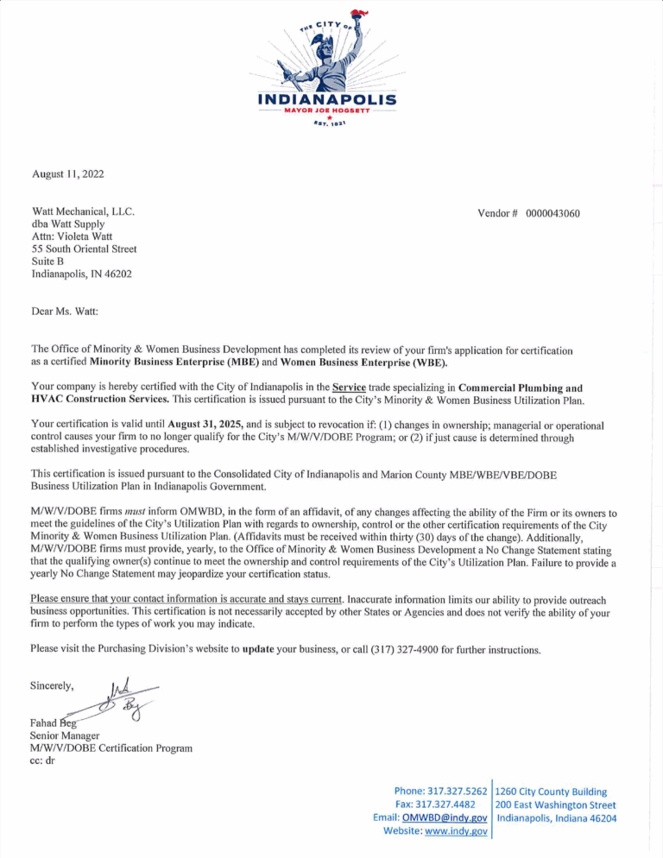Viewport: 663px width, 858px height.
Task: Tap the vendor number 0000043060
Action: [x=558, y=213]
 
